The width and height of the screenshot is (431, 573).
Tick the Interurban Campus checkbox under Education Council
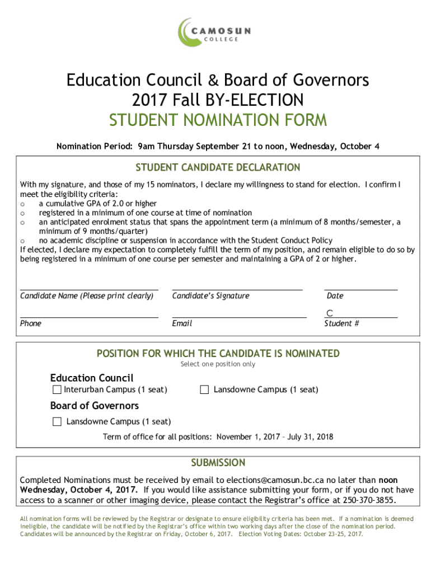57,389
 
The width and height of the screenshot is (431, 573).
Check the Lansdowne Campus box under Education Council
204,389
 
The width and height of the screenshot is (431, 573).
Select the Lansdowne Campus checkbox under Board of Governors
57,422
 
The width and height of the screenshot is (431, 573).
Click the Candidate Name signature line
89,289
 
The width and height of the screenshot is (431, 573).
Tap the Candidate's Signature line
237,289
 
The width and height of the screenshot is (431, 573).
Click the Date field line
361,289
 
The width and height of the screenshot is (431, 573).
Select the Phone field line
89,317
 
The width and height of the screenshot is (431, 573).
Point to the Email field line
240,317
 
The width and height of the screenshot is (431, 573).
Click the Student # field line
361,317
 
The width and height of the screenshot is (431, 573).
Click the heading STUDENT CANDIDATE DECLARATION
218,167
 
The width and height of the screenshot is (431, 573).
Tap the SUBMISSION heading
218,463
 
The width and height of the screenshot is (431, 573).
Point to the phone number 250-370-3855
370,500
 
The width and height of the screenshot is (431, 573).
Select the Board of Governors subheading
95,406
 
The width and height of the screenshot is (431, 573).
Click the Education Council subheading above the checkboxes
92,378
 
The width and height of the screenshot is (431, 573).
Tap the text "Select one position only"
218,364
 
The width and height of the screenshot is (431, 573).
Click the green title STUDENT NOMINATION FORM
218,120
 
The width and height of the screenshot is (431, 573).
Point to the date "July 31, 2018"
310,436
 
